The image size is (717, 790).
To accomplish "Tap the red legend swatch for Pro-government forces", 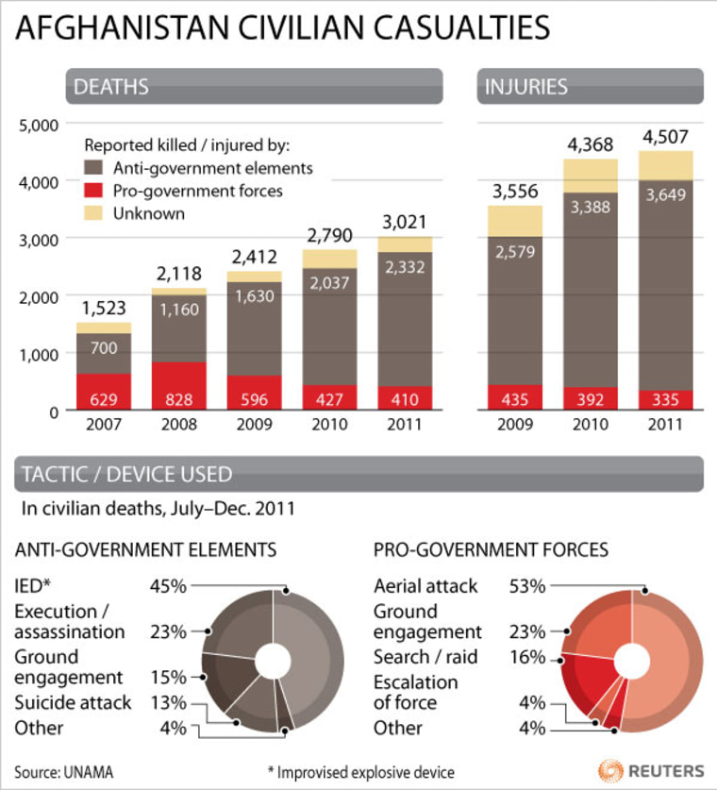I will [94, 192].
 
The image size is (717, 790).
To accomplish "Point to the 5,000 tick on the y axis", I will [38, 124].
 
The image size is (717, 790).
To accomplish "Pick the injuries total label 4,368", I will [592, 145].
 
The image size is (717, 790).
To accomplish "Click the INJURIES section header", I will [525, 87].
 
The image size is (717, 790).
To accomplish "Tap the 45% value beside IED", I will [167, 586].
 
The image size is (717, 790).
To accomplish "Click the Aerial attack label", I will [425, 586].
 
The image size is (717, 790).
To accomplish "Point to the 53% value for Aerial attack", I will [526, 586].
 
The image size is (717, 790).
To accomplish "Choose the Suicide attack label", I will [73, 702].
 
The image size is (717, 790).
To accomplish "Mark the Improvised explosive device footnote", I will [367, 772].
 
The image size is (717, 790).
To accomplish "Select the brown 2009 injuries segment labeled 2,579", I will [514, 311].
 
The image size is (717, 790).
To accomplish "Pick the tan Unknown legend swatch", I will [94, 213].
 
